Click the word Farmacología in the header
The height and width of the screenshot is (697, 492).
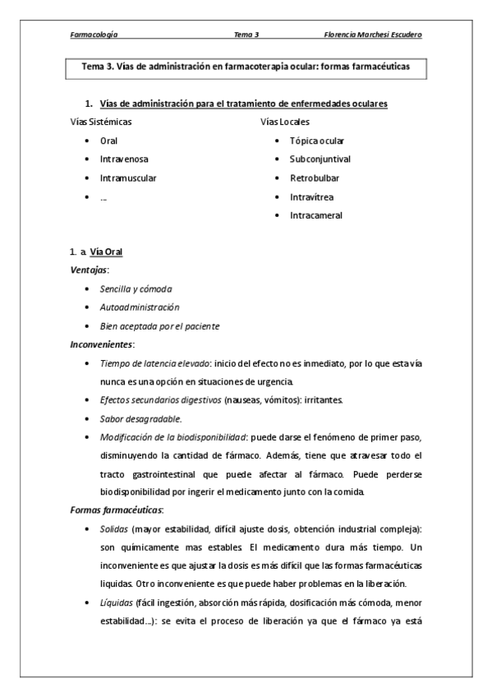[x=94, y=35]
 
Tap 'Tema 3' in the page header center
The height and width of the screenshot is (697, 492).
[x=246, y=35]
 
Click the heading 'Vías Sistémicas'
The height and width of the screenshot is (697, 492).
[x=102, y=122]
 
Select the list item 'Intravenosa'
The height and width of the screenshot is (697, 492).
[x=125, y=159]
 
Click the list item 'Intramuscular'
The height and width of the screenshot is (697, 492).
[x=128, y=178]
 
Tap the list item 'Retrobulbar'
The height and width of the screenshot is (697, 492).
[x=315, y=178]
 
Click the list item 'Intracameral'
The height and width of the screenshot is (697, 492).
[x=316, y=215]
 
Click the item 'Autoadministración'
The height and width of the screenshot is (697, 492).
[x=140, y=307]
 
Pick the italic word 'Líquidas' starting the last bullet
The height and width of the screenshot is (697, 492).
[x=116, y=602]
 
